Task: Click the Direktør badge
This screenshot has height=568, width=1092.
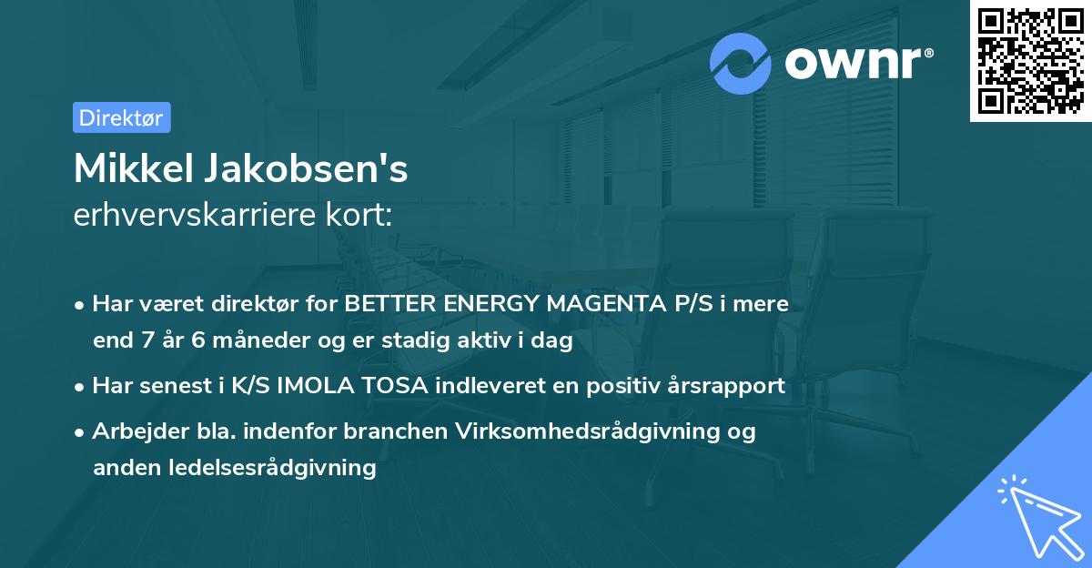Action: click(x=121, y=117)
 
